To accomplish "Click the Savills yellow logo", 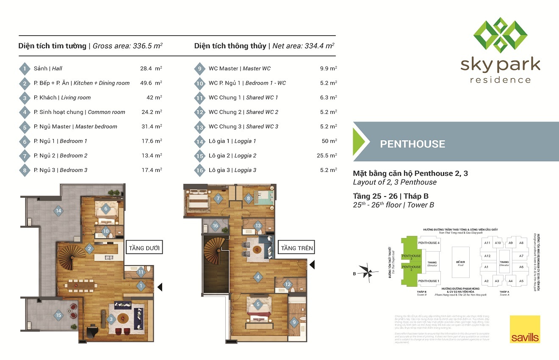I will point(525,329).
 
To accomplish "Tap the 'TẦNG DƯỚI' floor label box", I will point(144,248).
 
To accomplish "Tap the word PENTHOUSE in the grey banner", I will point(412,144).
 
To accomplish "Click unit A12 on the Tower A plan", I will point(487,256).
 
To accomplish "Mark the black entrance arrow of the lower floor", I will point(160,287).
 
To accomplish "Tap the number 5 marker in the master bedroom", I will point(257,304).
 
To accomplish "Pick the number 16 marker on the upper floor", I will point(215,226).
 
